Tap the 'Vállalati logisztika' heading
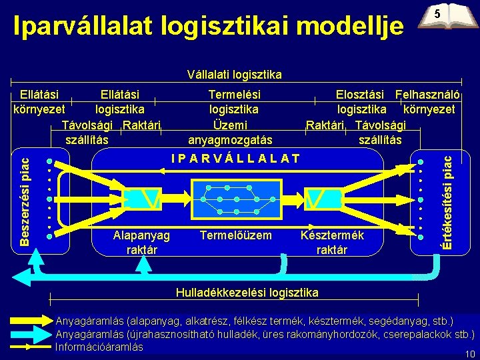235,74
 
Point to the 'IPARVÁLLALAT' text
235,159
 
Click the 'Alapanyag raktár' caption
141,242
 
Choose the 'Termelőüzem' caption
236,235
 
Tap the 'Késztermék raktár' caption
332,242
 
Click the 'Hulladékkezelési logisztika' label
247,292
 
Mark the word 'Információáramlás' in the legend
99,347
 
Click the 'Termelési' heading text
235,95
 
